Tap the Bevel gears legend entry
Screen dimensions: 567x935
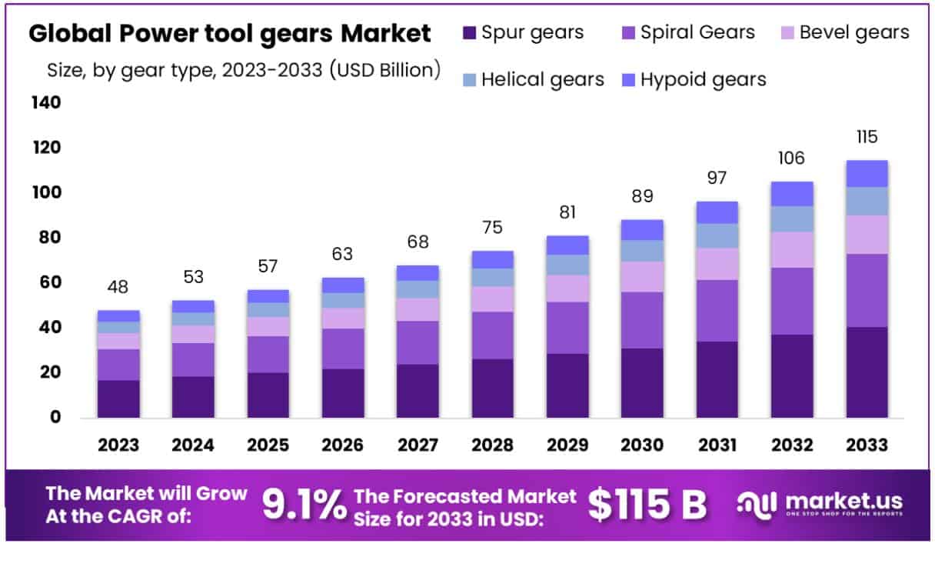tap(854, 32)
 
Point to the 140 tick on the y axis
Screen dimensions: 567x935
tap(46, 102)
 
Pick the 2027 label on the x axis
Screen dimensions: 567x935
tap(418, 445)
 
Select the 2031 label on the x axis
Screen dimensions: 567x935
tap(717, 445)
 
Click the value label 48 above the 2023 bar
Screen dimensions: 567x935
tap(118, 287)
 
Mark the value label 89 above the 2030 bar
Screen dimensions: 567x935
tap(642, 196)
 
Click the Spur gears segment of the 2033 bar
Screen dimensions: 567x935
tap(867, 372)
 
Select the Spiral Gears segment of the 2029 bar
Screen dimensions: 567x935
tap(567, 328)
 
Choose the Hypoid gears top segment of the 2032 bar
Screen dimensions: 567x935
tap(792, 194)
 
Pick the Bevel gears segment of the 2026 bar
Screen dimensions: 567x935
tap(343, 319)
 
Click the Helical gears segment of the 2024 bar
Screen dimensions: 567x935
tap(193, 319)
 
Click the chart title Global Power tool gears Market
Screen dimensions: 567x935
tap(229, 35)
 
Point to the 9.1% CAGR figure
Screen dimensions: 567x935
tap(304, 505)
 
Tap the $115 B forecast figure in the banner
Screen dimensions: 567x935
tap(647, 505)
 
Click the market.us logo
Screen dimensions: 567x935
tap(820, 505)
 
